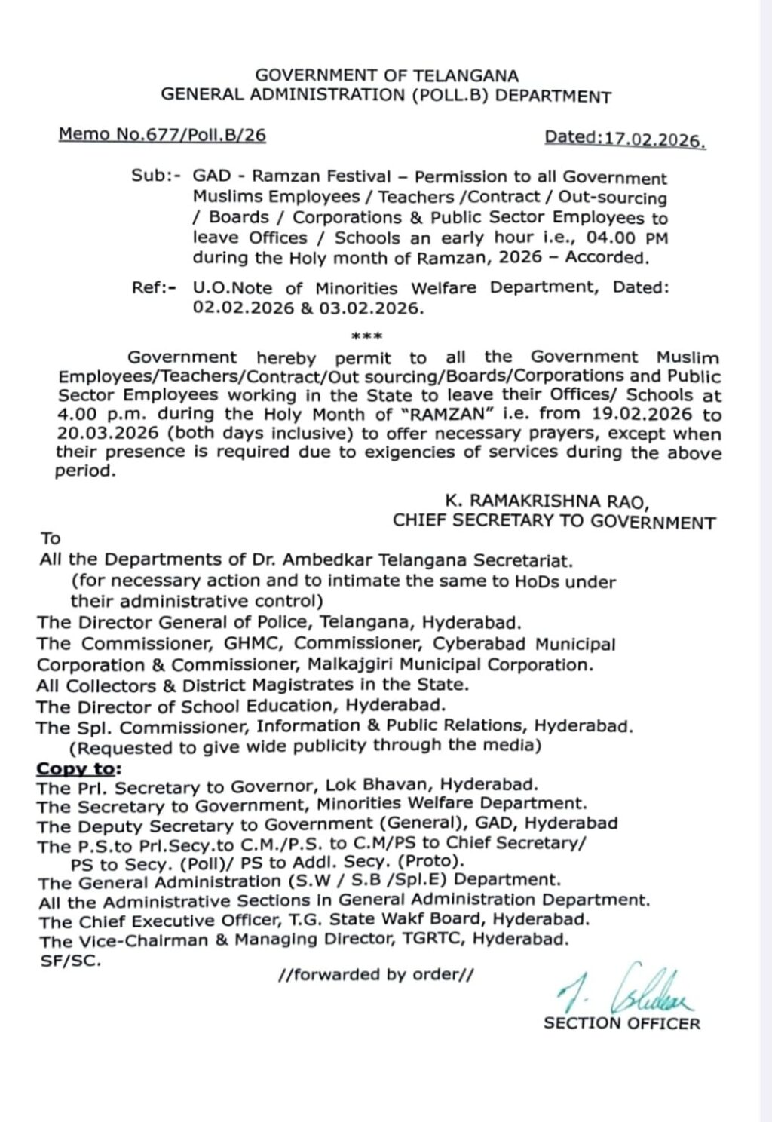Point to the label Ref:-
click(x=155, y=288)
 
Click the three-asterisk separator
click(x=368, y=336)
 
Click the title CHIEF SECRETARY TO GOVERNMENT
click(x=554, y=522)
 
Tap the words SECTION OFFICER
click(x=621, y=1023)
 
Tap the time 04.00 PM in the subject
click(x=623, y=238)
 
